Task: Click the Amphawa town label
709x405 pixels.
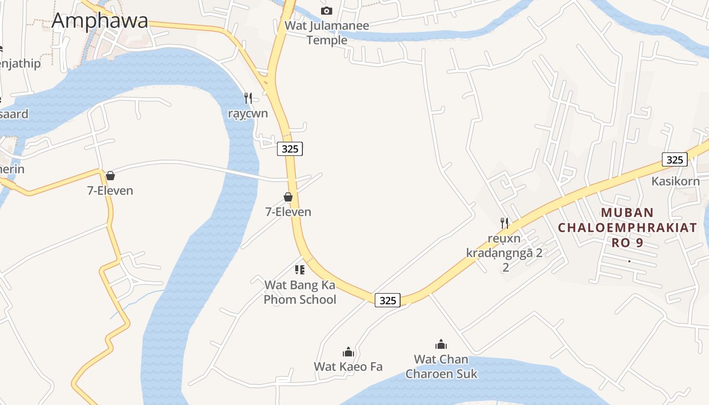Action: tap(100, 21)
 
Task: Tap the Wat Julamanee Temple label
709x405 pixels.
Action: tap(327, 32)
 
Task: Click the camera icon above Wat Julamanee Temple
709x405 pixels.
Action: tap(327, 11)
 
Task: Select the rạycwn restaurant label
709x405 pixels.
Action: tap(248, 113)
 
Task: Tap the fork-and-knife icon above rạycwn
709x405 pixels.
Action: tap(248, 98)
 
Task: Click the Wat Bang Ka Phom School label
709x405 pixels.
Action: tap(300, 292)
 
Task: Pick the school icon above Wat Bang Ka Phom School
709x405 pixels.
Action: tap(300, 269)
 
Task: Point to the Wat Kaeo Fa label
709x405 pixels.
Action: tap(348, 367)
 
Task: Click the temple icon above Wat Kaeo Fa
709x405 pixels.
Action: tap(348, 352)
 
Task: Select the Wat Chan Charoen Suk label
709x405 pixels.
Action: tap(441, 367)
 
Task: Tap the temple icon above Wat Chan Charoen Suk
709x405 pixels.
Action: tap(441, 345)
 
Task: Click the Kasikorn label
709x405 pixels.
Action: tap(675, 181)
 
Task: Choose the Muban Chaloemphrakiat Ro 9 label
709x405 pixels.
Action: tap(627, 227)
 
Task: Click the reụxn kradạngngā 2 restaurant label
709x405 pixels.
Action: tap(504, 252)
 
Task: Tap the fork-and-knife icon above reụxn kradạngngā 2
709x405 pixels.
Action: tap(504, 223)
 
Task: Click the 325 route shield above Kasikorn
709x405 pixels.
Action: tap(675, 159)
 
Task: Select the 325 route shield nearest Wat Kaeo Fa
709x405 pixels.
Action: tap(387, 300)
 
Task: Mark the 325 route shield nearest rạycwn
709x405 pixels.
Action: tap(290, 149)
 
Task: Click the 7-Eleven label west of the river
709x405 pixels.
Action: tap(110, 191)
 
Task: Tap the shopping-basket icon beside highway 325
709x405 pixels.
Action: tap(288, 197)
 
